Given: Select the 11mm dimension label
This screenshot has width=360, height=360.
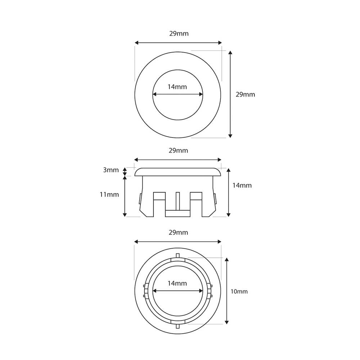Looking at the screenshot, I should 109,194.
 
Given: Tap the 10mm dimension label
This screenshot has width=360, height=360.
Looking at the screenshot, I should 239,292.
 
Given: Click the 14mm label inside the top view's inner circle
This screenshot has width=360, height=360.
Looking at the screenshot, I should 177,87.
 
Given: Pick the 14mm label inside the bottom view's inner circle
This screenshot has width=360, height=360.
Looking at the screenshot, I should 177,283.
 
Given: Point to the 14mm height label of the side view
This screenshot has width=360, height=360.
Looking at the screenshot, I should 242,185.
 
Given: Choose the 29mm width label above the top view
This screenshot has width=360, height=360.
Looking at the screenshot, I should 179,34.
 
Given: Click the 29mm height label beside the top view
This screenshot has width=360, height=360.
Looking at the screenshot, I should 245,94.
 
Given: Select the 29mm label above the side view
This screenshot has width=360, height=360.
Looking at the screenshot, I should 178,150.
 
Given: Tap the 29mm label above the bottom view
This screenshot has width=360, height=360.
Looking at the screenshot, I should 178,233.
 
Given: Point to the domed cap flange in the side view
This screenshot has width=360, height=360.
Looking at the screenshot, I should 178,172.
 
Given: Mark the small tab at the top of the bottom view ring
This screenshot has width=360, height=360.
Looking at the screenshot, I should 178,256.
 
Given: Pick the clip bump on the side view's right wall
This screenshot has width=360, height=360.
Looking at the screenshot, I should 216,199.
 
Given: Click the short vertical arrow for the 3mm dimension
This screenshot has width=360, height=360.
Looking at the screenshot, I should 125,172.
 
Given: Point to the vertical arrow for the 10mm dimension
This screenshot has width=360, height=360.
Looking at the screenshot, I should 227,291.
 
